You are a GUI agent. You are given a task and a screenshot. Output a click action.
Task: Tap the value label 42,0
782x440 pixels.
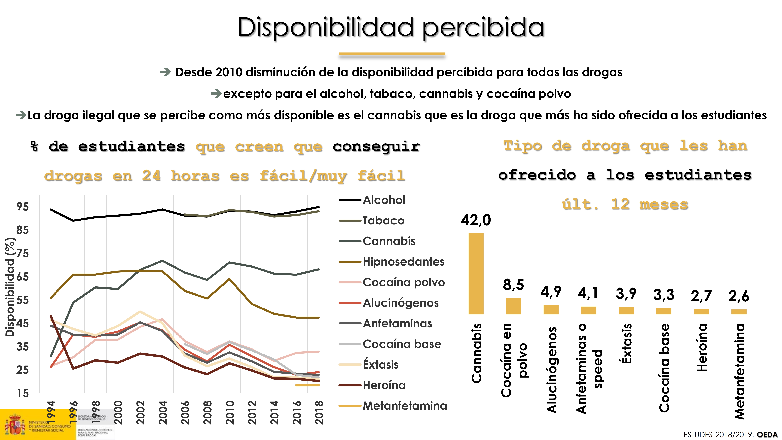[476, 220]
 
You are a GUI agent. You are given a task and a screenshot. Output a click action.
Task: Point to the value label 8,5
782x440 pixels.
[513, 284]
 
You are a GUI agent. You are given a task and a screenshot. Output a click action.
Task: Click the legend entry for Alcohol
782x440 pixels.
[384, 200]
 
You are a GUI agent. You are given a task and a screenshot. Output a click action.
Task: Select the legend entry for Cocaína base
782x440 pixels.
[402, 344]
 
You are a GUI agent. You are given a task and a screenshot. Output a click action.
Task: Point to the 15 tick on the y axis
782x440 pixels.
[22, 393]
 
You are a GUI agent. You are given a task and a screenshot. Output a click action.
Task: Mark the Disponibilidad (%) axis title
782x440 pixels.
[10, 287]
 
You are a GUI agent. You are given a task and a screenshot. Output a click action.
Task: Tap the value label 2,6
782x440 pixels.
[739, 296]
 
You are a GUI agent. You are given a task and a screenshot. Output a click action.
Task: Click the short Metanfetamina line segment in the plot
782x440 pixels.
[307, 385]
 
